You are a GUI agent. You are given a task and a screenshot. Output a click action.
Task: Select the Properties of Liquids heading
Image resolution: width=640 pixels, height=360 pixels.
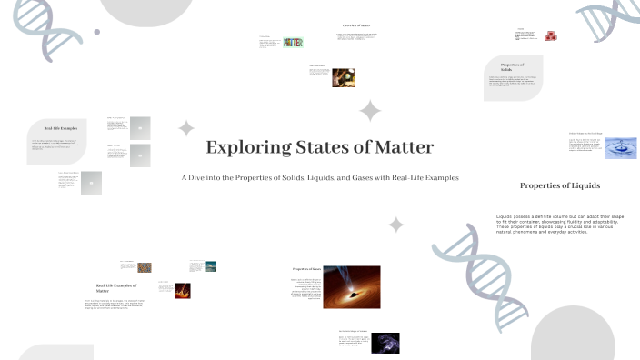pos(559,185)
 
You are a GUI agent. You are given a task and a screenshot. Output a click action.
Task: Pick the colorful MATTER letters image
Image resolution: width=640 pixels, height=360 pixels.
pos(293,42)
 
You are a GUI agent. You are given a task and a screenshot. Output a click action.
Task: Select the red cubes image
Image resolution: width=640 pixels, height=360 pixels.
pos(551,36)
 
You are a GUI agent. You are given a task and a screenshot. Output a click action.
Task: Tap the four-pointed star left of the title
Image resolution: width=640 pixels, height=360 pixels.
pos(186,127)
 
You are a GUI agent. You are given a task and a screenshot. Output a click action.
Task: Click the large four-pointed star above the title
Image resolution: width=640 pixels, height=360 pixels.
pos(370,111)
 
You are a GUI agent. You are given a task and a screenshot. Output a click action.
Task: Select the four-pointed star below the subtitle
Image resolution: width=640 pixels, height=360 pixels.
pos(396,224)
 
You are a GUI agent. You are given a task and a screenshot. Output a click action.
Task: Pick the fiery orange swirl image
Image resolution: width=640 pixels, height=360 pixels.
pos(181,290)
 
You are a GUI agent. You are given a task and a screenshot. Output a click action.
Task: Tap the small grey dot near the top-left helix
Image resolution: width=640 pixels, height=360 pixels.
pos(97,32)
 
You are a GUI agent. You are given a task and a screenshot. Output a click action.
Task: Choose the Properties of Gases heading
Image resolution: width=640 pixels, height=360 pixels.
pos(307,270)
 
